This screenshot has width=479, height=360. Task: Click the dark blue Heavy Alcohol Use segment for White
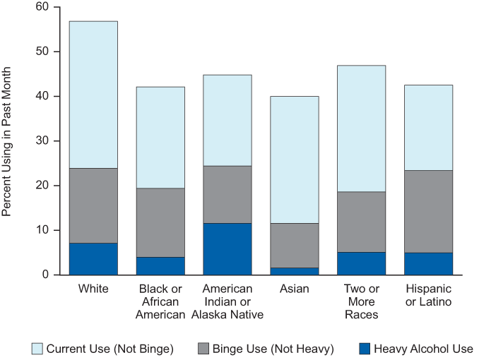[93, 258]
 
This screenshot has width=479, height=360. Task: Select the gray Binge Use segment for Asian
[294, 245]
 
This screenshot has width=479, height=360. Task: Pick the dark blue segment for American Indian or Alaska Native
[227, 248]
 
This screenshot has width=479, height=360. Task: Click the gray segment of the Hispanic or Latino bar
[428, 211]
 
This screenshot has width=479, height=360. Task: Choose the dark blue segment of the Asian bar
[294, 270]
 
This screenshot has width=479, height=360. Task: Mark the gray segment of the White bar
[93, 205]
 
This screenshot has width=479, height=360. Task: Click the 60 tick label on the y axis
[40, 7]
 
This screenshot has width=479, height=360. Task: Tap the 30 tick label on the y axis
[40, 140]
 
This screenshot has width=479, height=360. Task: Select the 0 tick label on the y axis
[44, 275]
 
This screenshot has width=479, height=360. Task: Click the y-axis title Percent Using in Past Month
[8, 141]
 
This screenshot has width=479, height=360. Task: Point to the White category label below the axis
[93, 289]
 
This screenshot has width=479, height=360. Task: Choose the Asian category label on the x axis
[294, 289]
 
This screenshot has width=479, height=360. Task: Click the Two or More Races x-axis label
[361, 302]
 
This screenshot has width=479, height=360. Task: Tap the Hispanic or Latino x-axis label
[428, 296]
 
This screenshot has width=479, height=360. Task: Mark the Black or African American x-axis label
[160, 302]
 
